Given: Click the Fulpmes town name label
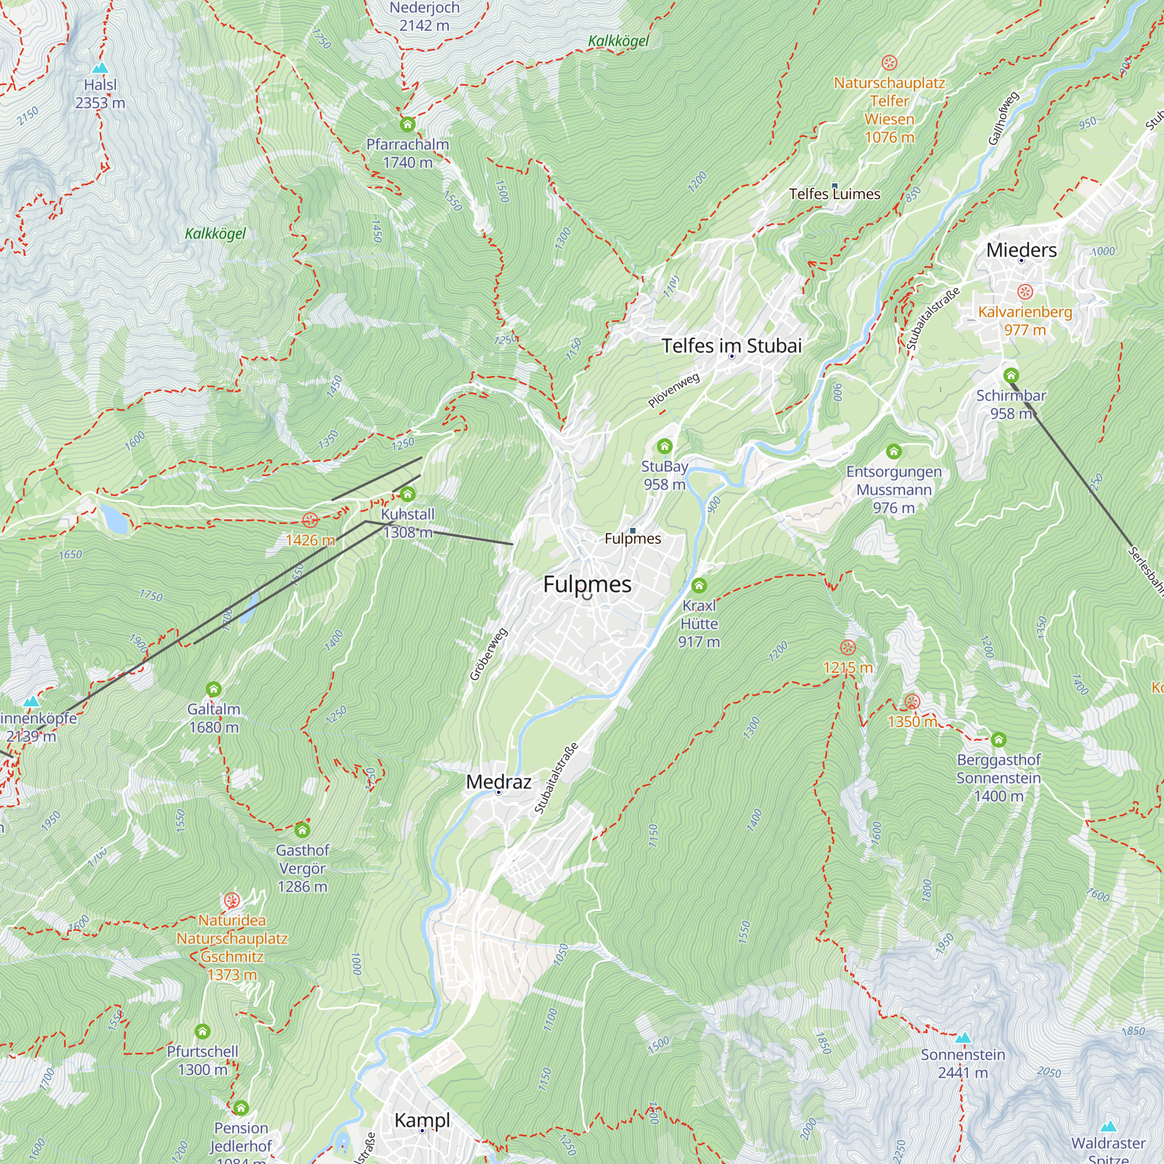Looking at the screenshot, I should (x=587, y=584).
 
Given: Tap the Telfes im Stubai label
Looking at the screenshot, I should (x=732, y=346).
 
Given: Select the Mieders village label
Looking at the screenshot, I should (x=1021, y=250).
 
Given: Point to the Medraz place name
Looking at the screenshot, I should (x=498, y=782).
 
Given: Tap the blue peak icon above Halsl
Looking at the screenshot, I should (x=101, y=68).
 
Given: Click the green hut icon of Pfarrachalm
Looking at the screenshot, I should (x=407, y=125).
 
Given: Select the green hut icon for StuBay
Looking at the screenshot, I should (x=664, y=446).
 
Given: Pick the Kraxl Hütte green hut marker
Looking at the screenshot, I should (x=698, y=585).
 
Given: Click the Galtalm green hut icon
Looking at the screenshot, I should (x=213, y=689).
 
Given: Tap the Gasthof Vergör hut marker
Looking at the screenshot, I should (x=302, y=831).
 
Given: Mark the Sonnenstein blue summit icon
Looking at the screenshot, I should (x=963, y=1038).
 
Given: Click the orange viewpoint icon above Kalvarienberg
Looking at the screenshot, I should (x=1025, y=292).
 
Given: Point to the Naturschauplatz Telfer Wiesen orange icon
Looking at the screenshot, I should (x=889, y=63).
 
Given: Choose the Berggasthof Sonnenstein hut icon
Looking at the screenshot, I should (x=998, y=739).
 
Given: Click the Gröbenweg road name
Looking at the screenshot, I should (x=489, y=654).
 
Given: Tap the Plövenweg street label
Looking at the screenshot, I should (x=673, y=390).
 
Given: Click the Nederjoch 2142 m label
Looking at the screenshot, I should (x=424, y=16).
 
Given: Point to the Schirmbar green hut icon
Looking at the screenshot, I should (x=1010, y=375).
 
